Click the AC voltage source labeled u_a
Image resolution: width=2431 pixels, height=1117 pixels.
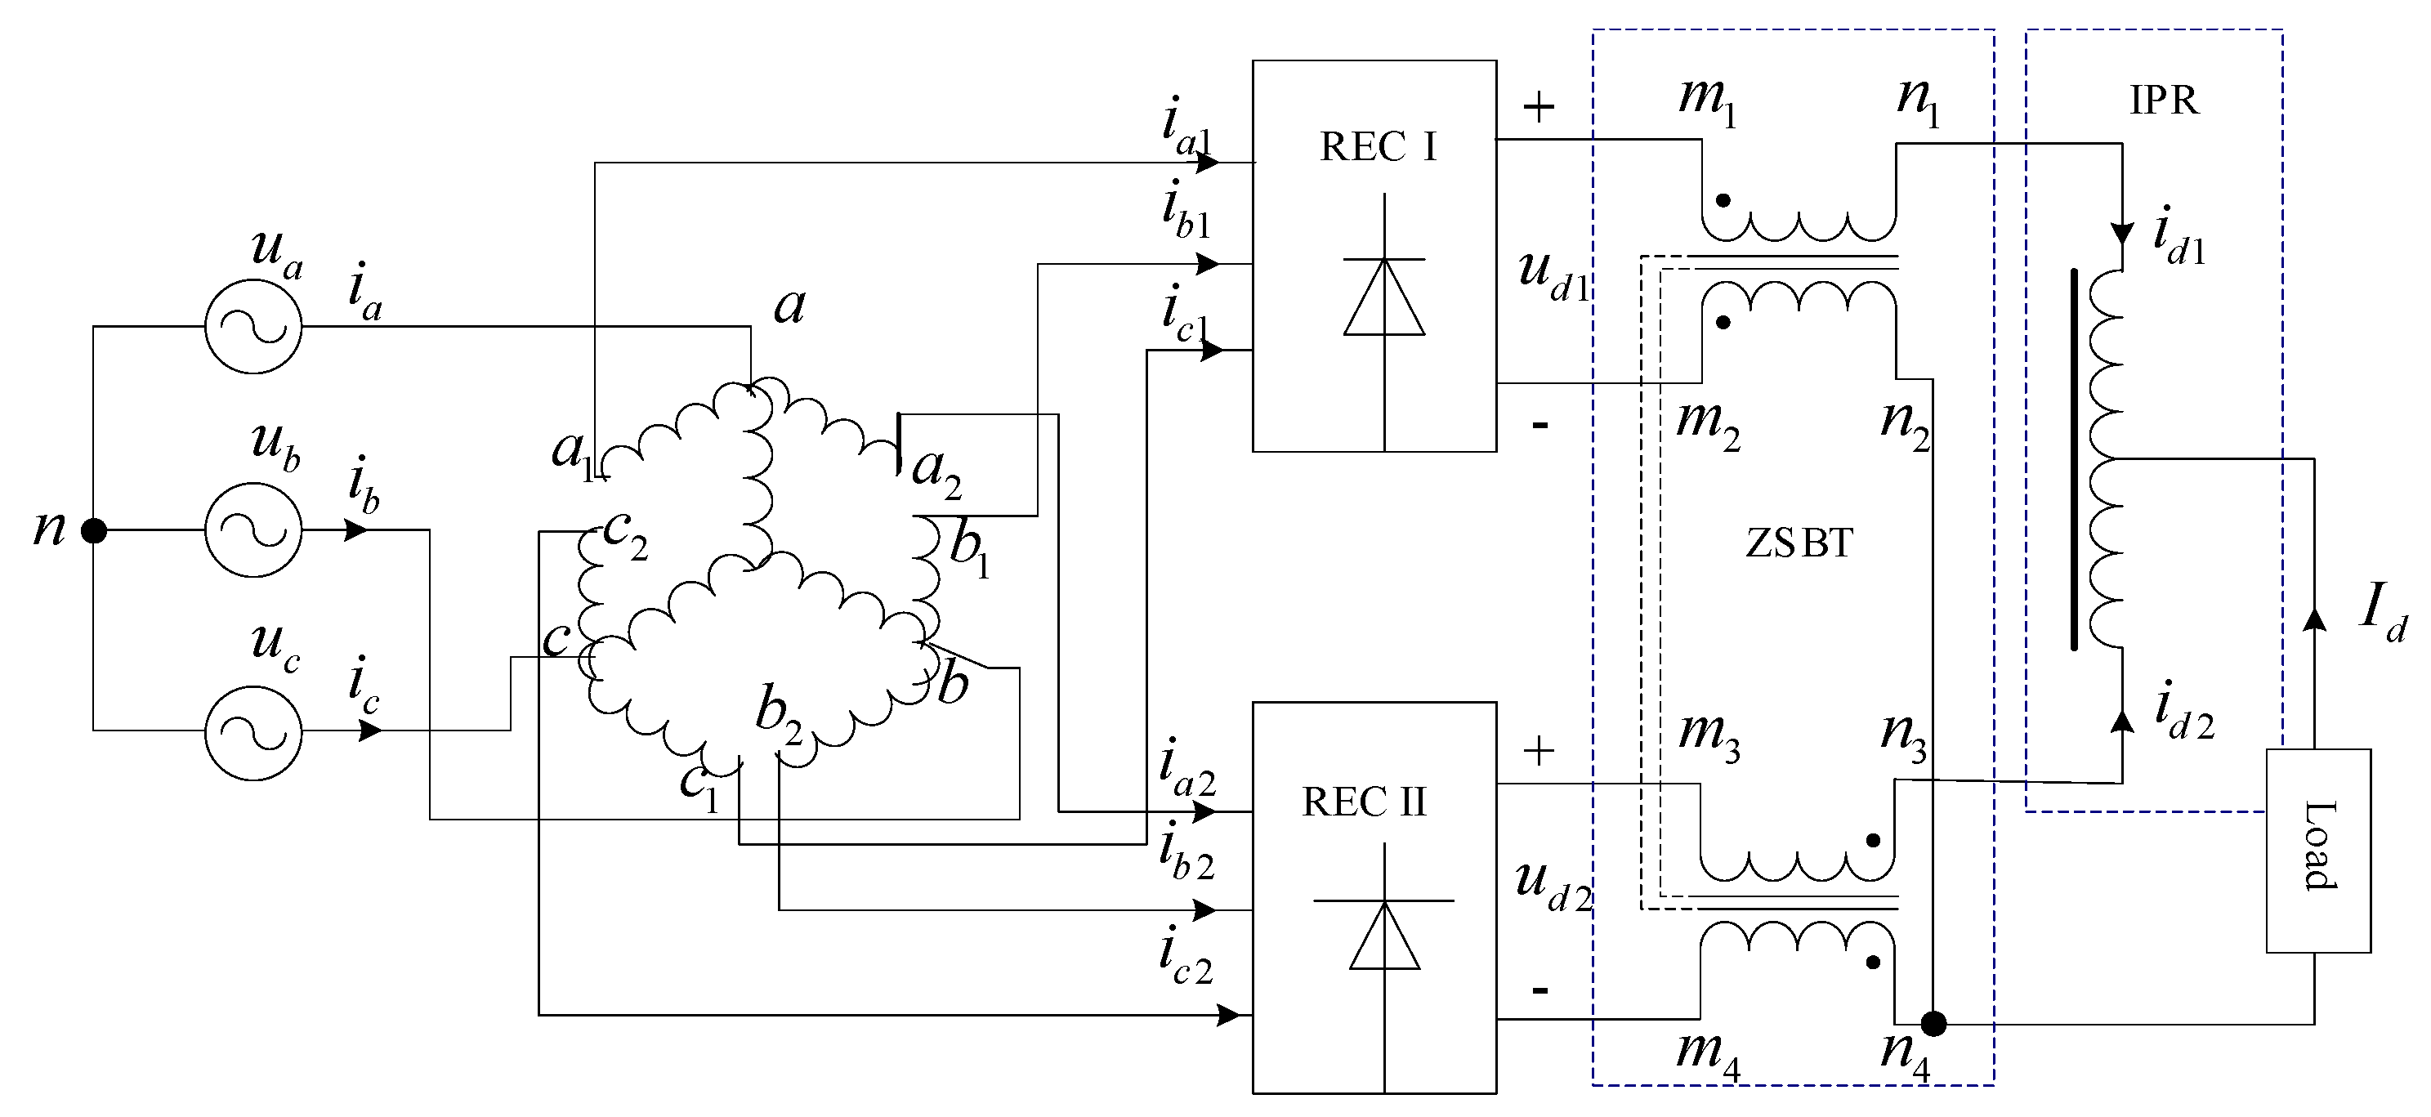click(253, 326)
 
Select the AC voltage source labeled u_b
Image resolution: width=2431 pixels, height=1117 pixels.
click(253, 530)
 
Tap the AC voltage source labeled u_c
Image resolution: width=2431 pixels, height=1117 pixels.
click(253, 732)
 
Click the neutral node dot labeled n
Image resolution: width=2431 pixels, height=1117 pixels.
click(93, 531)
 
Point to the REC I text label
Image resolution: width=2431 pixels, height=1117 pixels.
click(1378, 147)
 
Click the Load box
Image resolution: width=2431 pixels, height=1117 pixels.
click(2317, 850)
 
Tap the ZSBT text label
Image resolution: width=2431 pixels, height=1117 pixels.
click(1799, 543)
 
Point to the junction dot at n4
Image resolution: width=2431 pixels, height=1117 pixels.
click(1933, 1023)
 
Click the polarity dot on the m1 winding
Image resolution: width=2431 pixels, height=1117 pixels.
click(1723, 200)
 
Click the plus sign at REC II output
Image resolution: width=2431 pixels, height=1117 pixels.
click(1538, 751)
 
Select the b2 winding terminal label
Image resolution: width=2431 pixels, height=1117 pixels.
click(779, 715)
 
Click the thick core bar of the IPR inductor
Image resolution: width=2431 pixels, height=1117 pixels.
click(2074, 459)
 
